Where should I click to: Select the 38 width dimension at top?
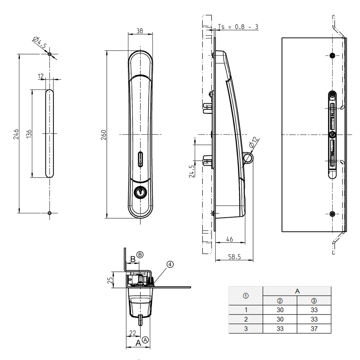(x=140, y=31)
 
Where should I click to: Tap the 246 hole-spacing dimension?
(x=16, y=134)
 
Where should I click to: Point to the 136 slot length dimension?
(x=29, y=134)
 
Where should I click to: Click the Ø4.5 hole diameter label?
(x=39, y=43)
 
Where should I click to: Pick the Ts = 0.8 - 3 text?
(x=238, y=27)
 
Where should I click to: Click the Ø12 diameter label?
(x=254, y=143)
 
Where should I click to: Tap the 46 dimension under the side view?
(x=229, y=239)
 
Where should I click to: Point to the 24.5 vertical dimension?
(x=192, y=172)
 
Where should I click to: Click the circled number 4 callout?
(x=170, y=264)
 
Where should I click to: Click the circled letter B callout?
(x=140, y=255)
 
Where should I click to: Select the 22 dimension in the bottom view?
(x=133, y=333)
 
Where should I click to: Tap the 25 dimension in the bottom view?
(x=110, y=280)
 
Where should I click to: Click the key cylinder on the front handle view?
(x=140, y=192)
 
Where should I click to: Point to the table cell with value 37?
(x=314, y=329)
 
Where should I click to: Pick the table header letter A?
(x=297, y=291)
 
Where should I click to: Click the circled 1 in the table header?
(x=246, y=296)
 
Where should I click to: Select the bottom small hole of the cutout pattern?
(x=50, y=213)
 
